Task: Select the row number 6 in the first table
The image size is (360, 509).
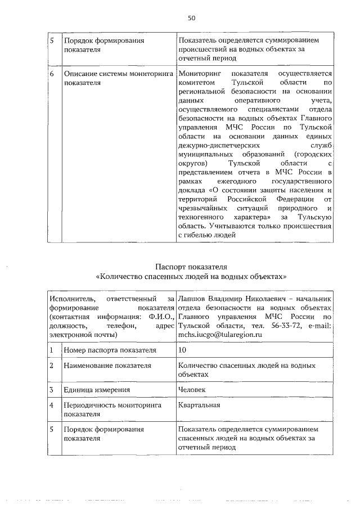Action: pyautogui.click(x=52, y=74)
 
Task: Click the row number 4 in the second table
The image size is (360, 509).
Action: pyautogui.click(x=51, y=405)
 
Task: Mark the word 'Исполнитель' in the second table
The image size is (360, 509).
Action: pyautogui.click(x=70, y=298)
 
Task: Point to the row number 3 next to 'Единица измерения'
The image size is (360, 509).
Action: pyautogui.click(x=51, y=389)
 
